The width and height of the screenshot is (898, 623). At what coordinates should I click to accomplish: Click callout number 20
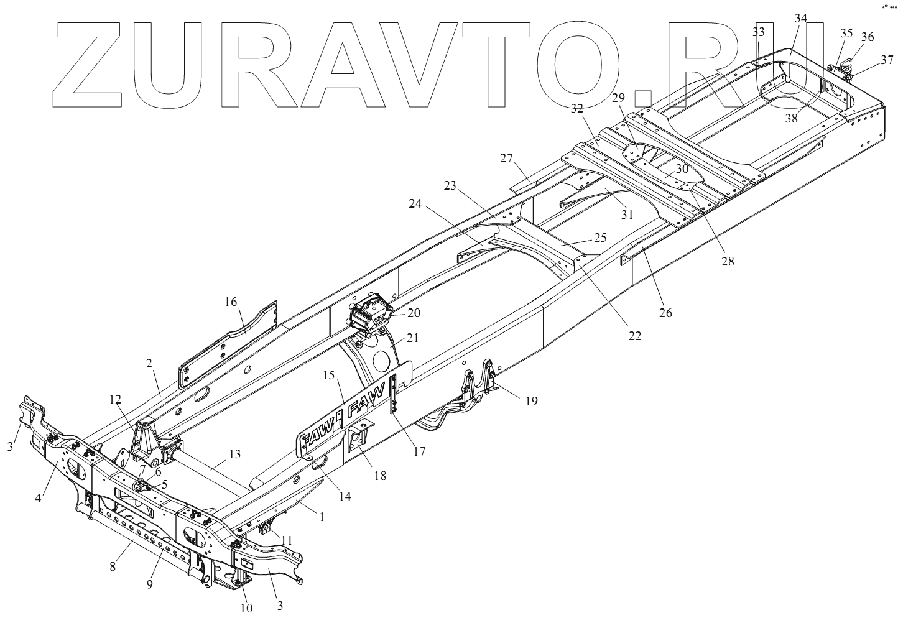click(414, 313)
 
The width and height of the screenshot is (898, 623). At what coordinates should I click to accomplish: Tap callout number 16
click(231, 303)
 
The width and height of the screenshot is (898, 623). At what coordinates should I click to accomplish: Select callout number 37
click(885, 60)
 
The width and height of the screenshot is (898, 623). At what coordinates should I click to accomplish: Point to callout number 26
click(665, 313)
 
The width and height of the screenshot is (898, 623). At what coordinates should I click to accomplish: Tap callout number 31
click(627, 215)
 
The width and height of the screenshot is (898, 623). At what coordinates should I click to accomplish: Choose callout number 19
click(530, 401)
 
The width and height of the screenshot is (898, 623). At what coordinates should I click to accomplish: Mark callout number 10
click(246, 607)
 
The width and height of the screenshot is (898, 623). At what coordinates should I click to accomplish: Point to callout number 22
click(634, 336)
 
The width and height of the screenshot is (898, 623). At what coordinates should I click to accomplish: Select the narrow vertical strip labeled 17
click(394, 395)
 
